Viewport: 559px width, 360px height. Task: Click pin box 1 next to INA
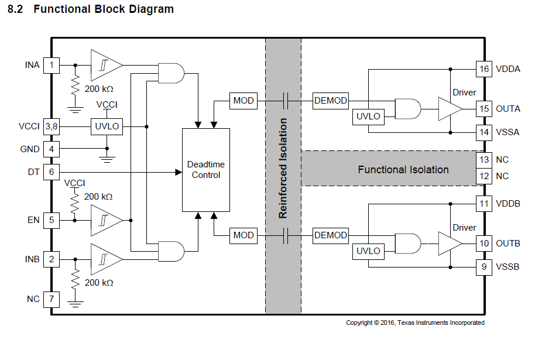52,65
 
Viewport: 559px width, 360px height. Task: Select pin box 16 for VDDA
483,69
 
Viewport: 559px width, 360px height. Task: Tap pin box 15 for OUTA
483,109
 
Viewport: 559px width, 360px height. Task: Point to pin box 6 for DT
52,173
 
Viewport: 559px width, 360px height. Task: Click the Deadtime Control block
205,170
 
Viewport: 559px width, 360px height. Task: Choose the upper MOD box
244,101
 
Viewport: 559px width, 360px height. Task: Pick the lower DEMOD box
331,235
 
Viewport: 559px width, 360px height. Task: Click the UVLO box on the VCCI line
107,126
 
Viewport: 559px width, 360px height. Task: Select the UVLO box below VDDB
368,251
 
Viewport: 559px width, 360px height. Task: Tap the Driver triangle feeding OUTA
449,109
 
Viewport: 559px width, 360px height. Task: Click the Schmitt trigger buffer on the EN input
106,220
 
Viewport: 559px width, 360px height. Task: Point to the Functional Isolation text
403,170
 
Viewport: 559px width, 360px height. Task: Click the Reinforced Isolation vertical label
283,169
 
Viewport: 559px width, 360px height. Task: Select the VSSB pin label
507,267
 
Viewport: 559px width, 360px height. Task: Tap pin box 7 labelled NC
52,299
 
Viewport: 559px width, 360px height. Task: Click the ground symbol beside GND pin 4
106,156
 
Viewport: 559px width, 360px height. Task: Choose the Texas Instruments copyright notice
415,323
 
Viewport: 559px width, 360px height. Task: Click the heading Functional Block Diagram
104,9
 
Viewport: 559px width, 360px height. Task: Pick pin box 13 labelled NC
483,160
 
